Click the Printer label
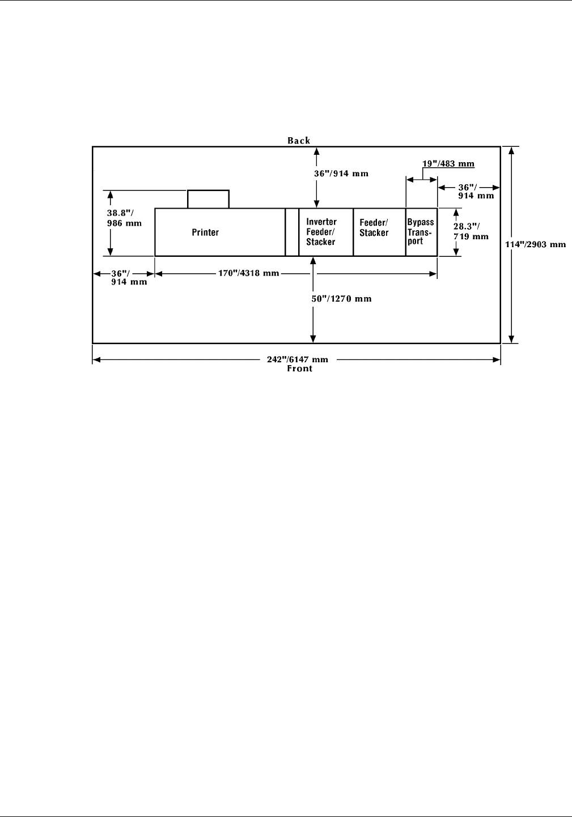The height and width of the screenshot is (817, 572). (205, 232)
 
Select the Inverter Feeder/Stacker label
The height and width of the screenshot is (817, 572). (321, 232)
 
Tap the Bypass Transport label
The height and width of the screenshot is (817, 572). (421, 232)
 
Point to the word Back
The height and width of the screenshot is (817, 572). (299, 141)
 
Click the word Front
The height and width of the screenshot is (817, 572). (299, 369)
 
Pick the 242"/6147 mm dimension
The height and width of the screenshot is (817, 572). (298, 359)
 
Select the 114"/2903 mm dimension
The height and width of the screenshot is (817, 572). (536, 244)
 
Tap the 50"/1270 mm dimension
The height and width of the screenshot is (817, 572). (344, 298)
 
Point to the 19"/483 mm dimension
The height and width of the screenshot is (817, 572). (448, 164)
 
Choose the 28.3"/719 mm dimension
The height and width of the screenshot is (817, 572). (471, 231)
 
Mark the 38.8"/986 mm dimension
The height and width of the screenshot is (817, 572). (124, 218)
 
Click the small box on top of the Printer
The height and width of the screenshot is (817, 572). (208, 199)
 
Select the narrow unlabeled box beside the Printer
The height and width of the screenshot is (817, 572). (292, 232)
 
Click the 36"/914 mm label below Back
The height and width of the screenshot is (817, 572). (341, 173)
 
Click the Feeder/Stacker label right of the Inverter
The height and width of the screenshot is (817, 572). (374, 228)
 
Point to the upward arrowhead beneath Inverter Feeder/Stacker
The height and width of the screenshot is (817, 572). (312, 260)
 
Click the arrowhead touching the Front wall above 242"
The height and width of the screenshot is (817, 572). (313, 339)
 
